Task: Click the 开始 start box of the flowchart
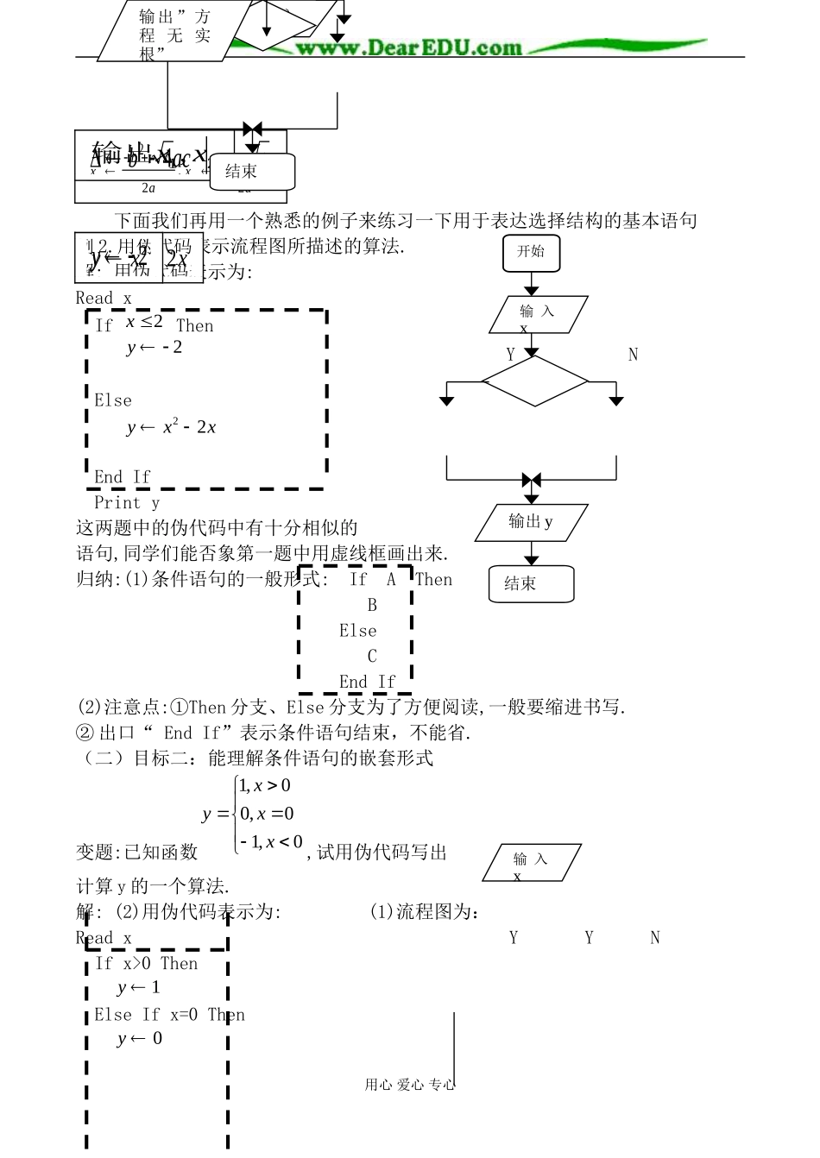[x=531, y=252]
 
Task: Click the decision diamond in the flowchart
[x=534, y=381]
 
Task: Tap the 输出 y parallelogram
[x=531, y=522]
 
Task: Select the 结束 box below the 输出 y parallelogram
[x=531, y=584]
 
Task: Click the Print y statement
[x=127, y=503]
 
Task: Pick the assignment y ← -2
[x=155, y=348]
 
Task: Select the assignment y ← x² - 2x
[x=171, y=427]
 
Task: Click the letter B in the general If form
[x=372, y=605]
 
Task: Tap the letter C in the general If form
[x=372, y=657]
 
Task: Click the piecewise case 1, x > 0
[x=265, y=786]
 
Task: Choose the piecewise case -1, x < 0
[x=271, y=841]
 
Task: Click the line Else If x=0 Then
[x=169, y=1015]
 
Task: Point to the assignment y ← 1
[x=139, y=988]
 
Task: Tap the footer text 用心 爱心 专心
[x=409, y=1085]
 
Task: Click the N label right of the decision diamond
[x=633, y=355]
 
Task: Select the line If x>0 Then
[x=147, y=964]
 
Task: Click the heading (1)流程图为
[x=425, y=912]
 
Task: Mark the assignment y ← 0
[x=140, y=1039]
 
